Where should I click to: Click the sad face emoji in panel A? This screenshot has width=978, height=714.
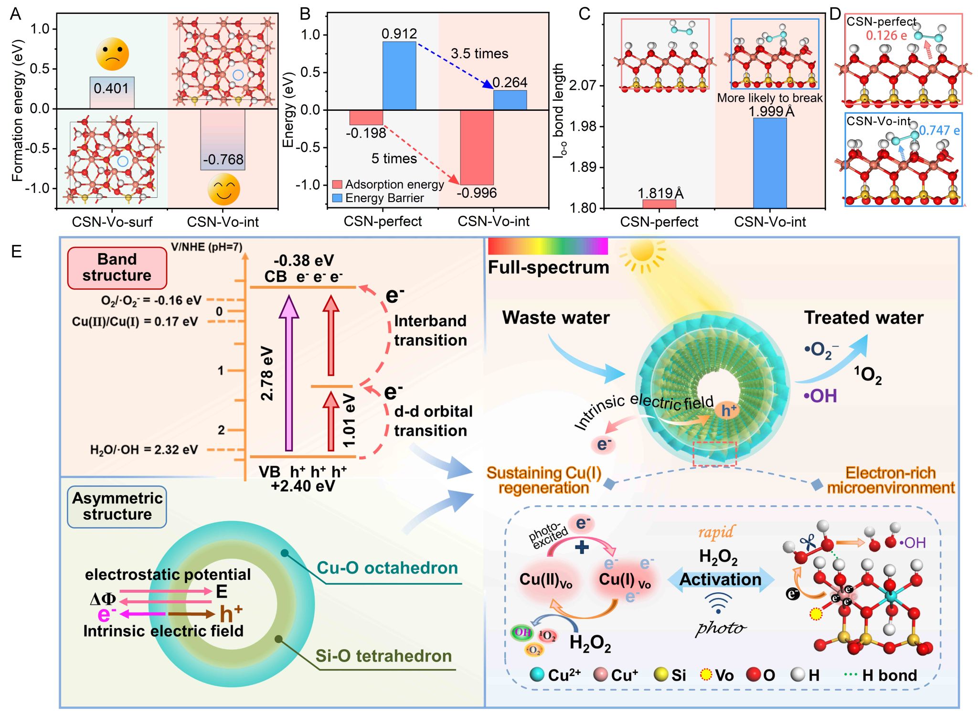click(112, 54)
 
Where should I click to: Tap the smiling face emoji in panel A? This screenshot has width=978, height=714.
click(223, 189)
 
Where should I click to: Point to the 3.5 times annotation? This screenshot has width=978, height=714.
click(479, 53)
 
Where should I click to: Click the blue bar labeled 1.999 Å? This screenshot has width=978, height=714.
click(769, 162)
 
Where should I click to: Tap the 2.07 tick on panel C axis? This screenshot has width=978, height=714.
click(583, 85)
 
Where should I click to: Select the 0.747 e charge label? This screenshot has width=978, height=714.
click(939, 130)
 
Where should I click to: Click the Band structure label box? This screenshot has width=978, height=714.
click(117, 267)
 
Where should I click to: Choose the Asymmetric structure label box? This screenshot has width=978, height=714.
click(117, 506)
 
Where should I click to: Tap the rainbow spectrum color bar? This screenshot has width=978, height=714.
click(547, 246)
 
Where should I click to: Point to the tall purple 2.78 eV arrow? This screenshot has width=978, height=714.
click(288, 373)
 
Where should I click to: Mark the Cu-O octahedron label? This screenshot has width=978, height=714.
click(387, 567)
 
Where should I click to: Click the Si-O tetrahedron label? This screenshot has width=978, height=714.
click(383, 656)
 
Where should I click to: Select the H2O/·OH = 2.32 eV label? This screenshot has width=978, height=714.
click(144, 449)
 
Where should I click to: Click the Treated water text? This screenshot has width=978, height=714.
click(863, 318)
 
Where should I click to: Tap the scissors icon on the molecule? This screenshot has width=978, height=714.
click(808, 542)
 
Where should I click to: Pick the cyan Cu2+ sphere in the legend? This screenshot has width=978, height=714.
click(537, 674)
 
